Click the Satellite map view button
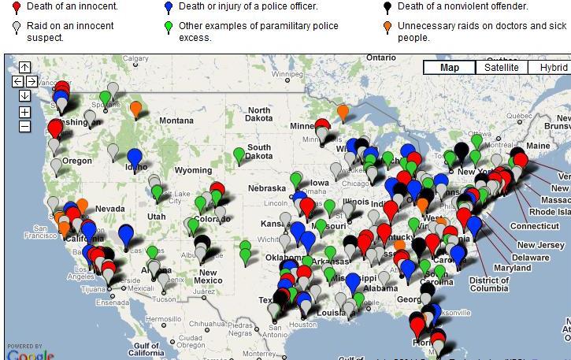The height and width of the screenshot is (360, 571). (x=501, y=68)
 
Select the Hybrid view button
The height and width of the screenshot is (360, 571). (x=551, y=68)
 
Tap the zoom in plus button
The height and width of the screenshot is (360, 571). (x=25, y=112)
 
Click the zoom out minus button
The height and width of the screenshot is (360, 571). (x=25, y=126)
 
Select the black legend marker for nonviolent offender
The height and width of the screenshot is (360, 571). (x=387, y=8)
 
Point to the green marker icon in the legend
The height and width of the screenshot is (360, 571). (x=169, y=28)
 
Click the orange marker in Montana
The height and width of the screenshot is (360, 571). (x=135, y=108)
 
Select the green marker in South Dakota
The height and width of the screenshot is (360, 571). (x=239, y=154)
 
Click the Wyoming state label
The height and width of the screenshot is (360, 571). (x=193, y=170)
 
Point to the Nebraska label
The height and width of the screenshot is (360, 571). (x=266, y=188)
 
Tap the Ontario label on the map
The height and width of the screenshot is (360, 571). (x=380, y=58)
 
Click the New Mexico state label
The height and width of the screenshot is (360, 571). (x=207, y=276)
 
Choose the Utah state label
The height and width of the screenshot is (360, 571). (x=156, y=217)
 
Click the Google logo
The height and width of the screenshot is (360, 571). (x=30, y=354)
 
